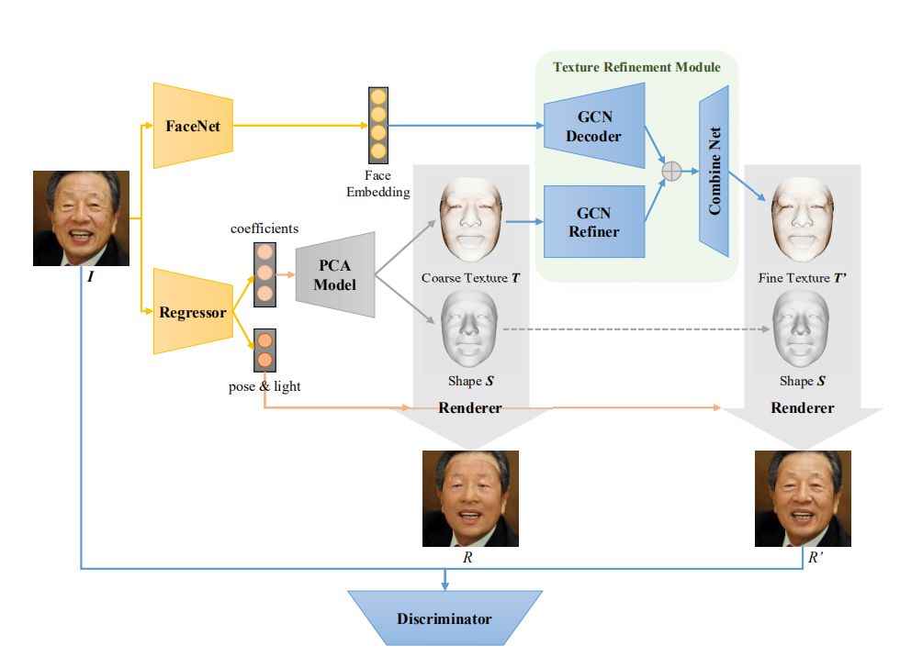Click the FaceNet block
(193, 125)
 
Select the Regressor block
(192, 312)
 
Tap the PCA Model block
(335, 274)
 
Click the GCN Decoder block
(592, 128)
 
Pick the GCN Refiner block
(592, 222)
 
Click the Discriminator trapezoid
(444, 618)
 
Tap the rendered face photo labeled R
(470, 498)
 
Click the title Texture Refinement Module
(636, 67)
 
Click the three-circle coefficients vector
(264, 273)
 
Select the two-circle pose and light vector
(264, 350)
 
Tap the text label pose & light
(264, 386)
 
